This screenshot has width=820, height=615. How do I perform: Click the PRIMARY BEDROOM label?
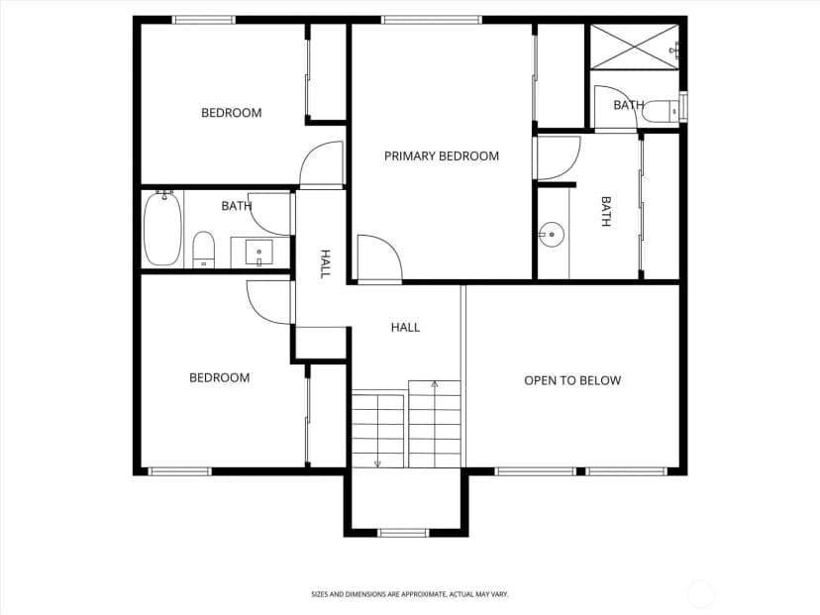[x=442, y=155]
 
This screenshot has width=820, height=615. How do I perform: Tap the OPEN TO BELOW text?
[x=572, y=380]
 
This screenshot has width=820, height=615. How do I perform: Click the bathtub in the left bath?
[x=163, y=229]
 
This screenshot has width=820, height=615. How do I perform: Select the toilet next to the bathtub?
[x=203, y=250]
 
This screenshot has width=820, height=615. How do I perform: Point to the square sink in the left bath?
[x=258, y=254]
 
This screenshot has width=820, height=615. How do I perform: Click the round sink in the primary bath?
[x=552, y=235]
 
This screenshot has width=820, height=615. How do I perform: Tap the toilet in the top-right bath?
[x=662, y=111]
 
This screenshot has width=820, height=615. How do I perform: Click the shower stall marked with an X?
[x=635, y=46]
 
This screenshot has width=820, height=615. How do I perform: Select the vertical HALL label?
[x=325, y=264]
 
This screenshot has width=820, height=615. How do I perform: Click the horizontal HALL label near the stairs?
[x=405, y=328]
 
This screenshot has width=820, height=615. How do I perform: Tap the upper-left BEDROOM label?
[x=231, y=113]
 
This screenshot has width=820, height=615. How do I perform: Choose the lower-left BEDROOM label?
[x=219, y=377]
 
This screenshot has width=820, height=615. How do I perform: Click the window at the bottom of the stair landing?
[x=403, y=533]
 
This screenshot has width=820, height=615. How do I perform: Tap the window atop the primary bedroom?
[x=432, y=20]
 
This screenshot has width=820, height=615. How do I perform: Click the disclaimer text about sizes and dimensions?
[x=409, y=594]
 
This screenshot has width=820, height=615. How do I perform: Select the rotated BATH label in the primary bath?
[x=605, y=211]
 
